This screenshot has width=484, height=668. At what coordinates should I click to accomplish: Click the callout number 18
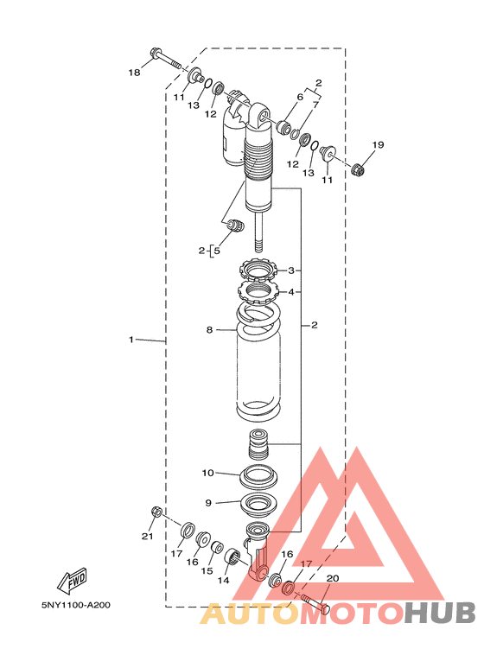[x=134, y=73]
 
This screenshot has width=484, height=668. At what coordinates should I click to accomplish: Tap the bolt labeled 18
[x=166, y=60]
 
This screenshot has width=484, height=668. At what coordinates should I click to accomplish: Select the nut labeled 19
[x=359, y=169]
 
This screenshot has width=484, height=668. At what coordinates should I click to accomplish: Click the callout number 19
[x=378, y=145]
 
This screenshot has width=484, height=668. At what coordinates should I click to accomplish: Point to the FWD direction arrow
[x=72, y=581]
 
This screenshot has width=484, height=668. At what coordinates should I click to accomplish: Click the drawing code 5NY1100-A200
[x=76, y=605]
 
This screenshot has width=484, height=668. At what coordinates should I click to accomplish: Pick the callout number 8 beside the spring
[x=209, y=330]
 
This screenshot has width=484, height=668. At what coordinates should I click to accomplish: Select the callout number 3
[x=291, y=270]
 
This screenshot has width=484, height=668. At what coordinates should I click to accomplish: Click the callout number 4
[x=291, y=292]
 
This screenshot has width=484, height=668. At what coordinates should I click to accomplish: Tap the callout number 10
[x=208, y=473]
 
